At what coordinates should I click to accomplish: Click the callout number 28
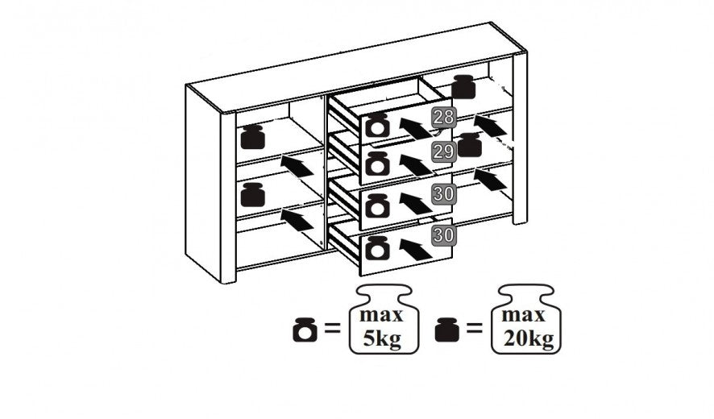(x=442, y=117)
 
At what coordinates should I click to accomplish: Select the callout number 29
(x=442, y=151)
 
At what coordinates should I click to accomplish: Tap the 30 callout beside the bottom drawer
(x=442, y=235)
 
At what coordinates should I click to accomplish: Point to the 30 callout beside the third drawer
(x=442, y=193)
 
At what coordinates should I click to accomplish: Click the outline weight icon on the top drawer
(x=376, y=126)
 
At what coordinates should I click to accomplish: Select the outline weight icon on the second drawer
(x=376, y=164)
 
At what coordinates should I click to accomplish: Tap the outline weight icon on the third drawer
(x=376, y=205)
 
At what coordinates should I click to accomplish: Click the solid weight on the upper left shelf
(x=253, y=137)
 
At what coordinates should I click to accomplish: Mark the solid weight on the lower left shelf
(x=253, y=193)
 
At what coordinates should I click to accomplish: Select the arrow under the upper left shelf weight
(x=297, y=165)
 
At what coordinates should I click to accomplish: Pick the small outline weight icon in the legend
(x=305, y=330)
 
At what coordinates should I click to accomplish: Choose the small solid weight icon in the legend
(x=447, y=330)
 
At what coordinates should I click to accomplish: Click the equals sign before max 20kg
(x=475, y=330)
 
